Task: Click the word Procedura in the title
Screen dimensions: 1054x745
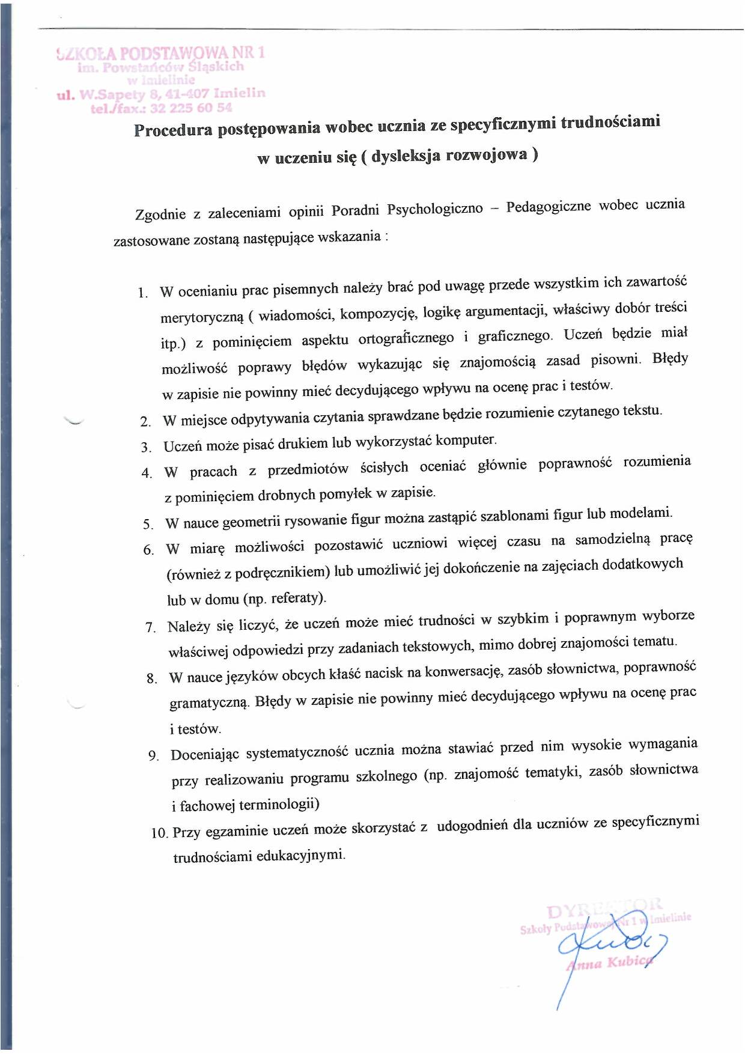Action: (x=172, y=130)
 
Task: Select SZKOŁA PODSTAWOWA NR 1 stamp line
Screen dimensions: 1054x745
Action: (x=161, y=53)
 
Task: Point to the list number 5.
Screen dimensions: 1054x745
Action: (x=148, y=524)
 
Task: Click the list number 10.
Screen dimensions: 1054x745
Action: (x=159, y=833)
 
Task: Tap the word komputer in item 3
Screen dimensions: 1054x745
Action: (x=466, y=440)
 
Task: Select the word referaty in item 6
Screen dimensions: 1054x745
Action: (x=297, y=598)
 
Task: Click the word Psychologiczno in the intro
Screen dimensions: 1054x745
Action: (x=434, y=209)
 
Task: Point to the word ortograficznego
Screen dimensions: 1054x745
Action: (x=406, y=338)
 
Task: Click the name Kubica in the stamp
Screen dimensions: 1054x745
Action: (x=628, y=962)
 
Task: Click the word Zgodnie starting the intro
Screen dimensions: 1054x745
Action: (x=160, y=214)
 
